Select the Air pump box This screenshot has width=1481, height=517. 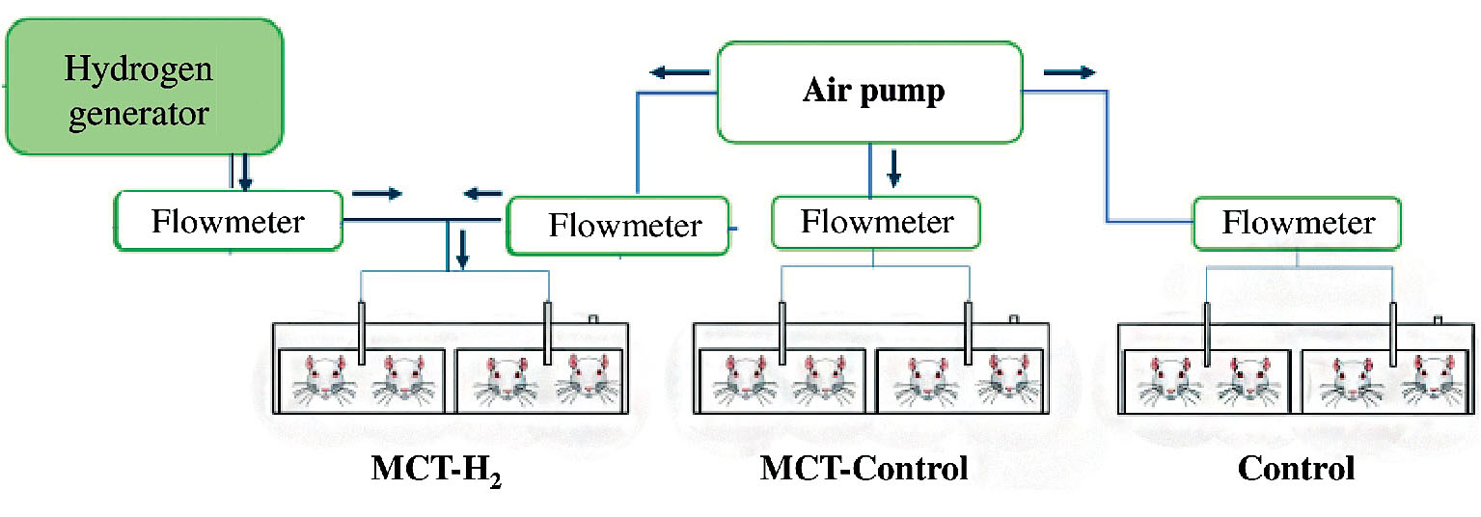coord(869,93)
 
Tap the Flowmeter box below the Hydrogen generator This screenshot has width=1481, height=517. coord(228,221)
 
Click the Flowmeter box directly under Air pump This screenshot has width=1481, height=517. coord(876,223)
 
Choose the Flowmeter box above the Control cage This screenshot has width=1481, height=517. coord(1298,224)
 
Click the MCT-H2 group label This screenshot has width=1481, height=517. coord(437,470)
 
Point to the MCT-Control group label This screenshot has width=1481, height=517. coord(864,469)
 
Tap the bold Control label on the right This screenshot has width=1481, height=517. coord(1296,469)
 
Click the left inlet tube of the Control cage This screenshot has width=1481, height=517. coord(1207,333)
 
